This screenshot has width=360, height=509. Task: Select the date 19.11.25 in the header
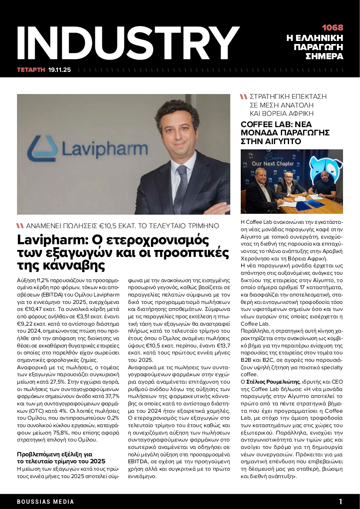[x=59, y=69]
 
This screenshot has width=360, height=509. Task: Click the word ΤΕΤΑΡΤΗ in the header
[x=31, y=69]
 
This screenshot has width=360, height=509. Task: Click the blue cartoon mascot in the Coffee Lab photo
[x=320, y=168]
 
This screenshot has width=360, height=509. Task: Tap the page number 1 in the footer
[x=341, y=501]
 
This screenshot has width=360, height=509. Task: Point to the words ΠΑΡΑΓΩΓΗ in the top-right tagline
[x=319, y=47]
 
